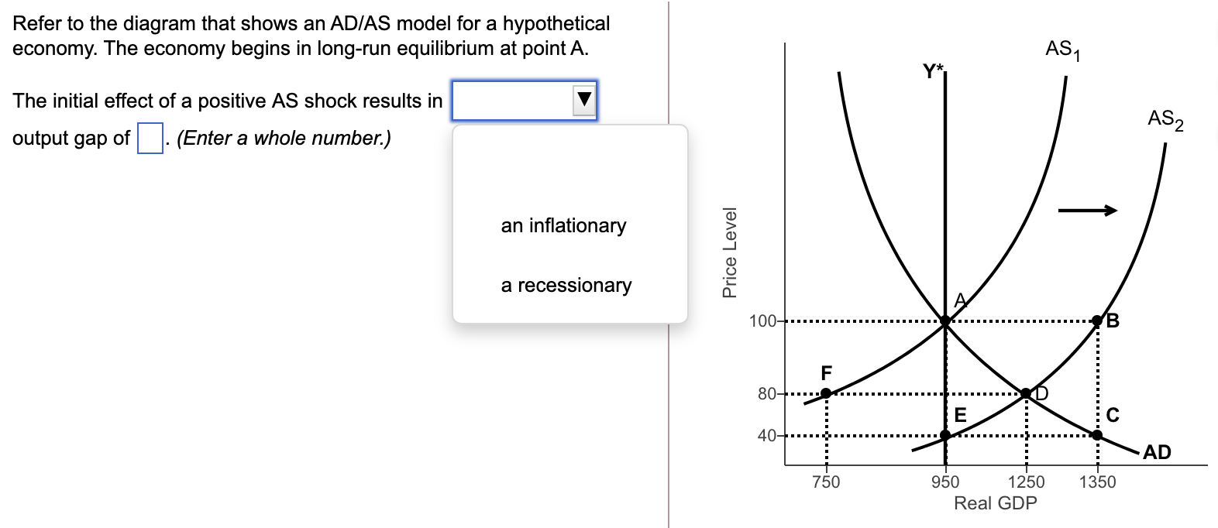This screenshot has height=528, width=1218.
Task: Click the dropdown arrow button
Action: (584, 100)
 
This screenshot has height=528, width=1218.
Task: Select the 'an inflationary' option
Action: (563, 225)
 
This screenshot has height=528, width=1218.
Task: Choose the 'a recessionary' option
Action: (566, 285)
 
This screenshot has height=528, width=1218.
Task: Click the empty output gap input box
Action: (150, 139)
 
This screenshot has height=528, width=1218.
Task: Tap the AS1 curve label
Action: (1062, 50)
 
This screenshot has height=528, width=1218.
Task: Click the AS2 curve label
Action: (1165, 120)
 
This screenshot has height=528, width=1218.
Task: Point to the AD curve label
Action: (1157, 452)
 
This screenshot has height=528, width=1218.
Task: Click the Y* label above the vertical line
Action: (934, 72)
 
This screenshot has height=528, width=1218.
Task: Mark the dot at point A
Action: (945, 321)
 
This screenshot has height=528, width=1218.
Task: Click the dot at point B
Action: (1096, 321)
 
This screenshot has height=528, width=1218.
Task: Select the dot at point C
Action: (1096, 435)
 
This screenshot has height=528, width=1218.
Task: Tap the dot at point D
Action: (1026, 394)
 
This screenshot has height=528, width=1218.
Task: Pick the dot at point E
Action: (945, 435)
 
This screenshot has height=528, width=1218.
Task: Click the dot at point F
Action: (826, 393)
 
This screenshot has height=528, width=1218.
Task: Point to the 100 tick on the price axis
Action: (762, 321)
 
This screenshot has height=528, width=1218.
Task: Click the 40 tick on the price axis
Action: (767, 436)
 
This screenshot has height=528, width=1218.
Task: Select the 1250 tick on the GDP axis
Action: (1026, 482)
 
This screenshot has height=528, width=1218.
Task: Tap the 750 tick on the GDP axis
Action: (826, 482)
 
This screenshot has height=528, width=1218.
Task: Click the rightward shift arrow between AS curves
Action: (1088, 210)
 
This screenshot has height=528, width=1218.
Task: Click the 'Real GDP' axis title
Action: (995, 503)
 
